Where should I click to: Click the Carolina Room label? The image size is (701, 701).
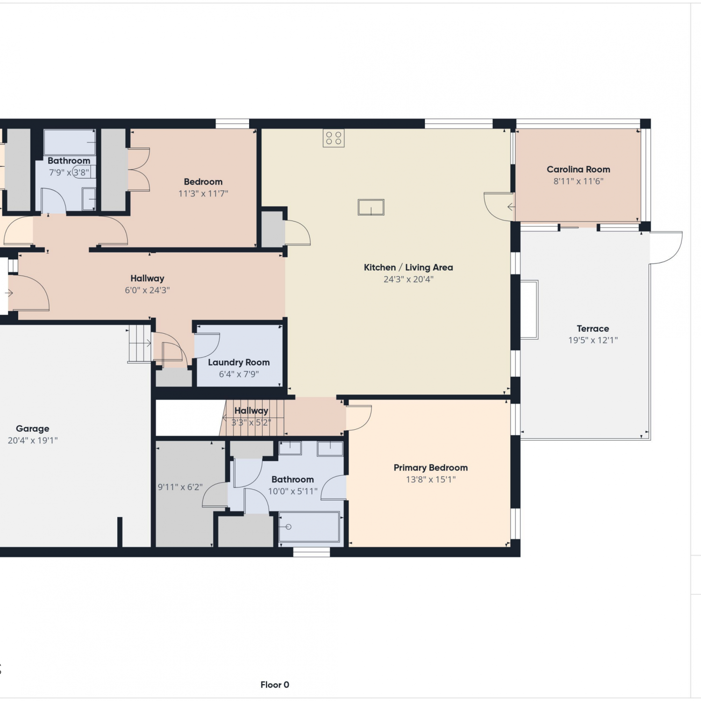(x=578, y=169)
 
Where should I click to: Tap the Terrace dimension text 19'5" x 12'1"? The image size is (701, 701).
(x=593, y=340)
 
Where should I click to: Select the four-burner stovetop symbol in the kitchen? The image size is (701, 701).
(x=334, y=138)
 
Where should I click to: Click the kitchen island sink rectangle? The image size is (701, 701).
(x=371, y=207)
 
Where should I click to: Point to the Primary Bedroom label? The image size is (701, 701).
(x=430, y=467)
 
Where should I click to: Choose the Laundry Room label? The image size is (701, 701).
(x=239, y=362)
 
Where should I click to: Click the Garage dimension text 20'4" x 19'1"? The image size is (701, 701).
(x=33, y=440)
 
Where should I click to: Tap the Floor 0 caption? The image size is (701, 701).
(x=275, y=685)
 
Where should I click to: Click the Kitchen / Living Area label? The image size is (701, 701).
(x=408, y=267)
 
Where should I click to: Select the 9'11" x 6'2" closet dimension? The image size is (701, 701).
(x=180, y=487)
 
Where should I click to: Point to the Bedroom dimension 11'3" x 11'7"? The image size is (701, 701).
(x=203, y=193)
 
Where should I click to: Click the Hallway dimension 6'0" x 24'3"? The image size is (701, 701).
(x=147, y=290)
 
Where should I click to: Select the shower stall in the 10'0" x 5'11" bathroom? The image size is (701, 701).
(x=309, y=527)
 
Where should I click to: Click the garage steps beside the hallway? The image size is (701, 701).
(x=140, y=343)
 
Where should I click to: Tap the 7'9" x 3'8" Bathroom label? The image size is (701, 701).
(x=69, y=161)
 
